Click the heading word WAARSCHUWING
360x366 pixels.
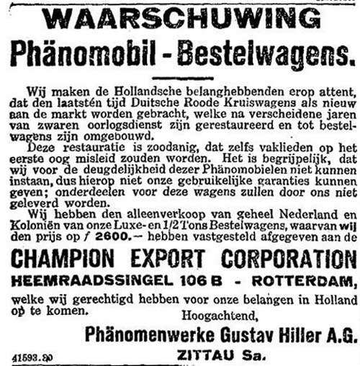180,19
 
